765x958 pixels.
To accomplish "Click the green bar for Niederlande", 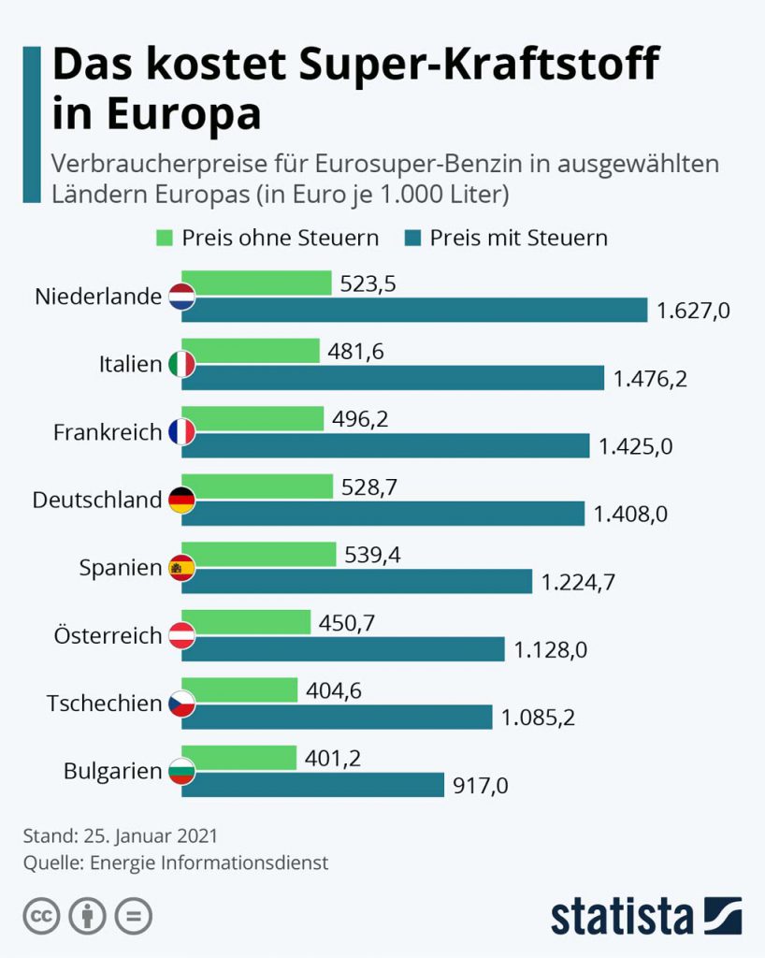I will click(256, 283).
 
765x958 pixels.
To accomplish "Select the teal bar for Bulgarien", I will click(312, 785).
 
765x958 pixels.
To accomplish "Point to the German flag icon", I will click(181, 500).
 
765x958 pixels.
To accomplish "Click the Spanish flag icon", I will click(181, 568).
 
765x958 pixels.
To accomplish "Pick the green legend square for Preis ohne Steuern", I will click(165, 238).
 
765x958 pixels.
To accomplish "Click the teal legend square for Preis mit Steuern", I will click(412, 238).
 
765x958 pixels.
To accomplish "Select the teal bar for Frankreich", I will click(385, 445).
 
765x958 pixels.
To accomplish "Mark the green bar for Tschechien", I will click(239, 690).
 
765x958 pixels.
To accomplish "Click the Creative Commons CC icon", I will click(41, 916).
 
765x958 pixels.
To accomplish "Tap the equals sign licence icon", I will click(134, 916).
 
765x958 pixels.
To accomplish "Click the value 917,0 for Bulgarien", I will click(481, 786).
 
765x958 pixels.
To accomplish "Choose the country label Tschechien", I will click(105, 704).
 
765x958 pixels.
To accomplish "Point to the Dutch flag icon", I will click(181, 297).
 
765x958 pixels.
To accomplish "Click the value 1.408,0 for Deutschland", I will click(631, 514).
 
